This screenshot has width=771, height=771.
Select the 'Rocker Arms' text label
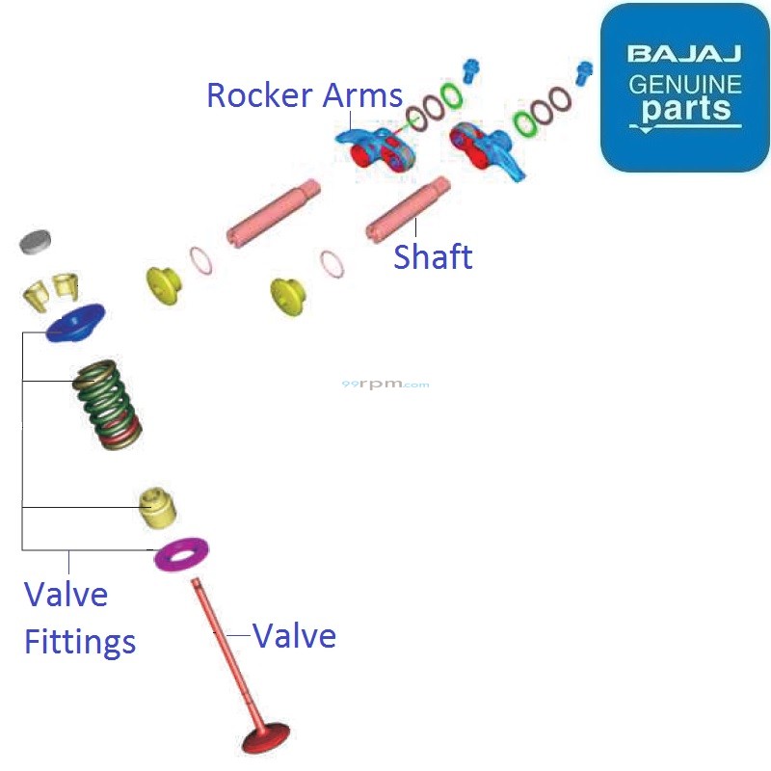click(x=305, y=95)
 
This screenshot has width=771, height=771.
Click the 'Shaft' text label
click(x=433, y=257)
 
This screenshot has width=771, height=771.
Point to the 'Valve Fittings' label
click(x=79, y=617)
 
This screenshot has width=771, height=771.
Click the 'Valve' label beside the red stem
click(x=294, y=636)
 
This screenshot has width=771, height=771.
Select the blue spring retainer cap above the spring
click(x=75, y=322)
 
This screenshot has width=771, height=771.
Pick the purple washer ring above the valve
click(x=182, y=554)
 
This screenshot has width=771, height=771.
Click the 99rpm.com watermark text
click(x=385, y=385)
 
